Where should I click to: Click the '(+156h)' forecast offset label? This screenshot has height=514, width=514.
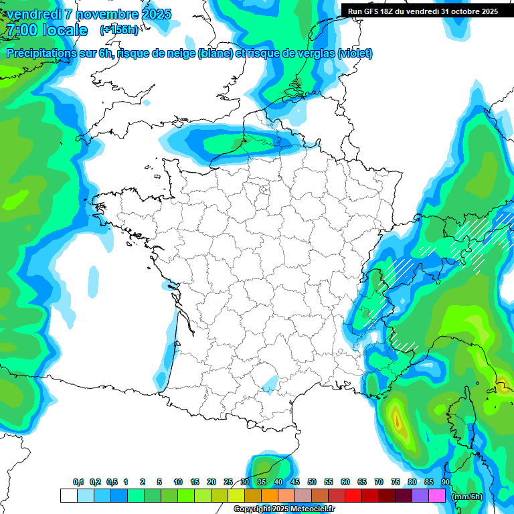click(x=119, y=29)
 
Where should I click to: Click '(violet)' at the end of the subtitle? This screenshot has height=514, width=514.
click(x=355, y=53)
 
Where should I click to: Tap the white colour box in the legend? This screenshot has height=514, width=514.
click(x=68, y=495)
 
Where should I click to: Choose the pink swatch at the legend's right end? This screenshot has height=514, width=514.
click(x=437, y=495)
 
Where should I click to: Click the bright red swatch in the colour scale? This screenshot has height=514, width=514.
click(x=353, y=495)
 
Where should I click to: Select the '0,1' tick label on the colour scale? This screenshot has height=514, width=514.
click(x=78, y=482)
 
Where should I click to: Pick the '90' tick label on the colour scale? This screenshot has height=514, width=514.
click(x=445, y=482)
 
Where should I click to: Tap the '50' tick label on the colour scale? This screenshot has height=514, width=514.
click(x=312, y=482)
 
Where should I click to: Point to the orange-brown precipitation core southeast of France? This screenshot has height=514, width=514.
click(x=398, y=421)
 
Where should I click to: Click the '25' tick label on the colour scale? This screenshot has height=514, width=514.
click(x=228, y=482)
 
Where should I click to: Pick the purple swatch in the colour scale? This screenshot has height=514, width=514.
click(x=420, y=495)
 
